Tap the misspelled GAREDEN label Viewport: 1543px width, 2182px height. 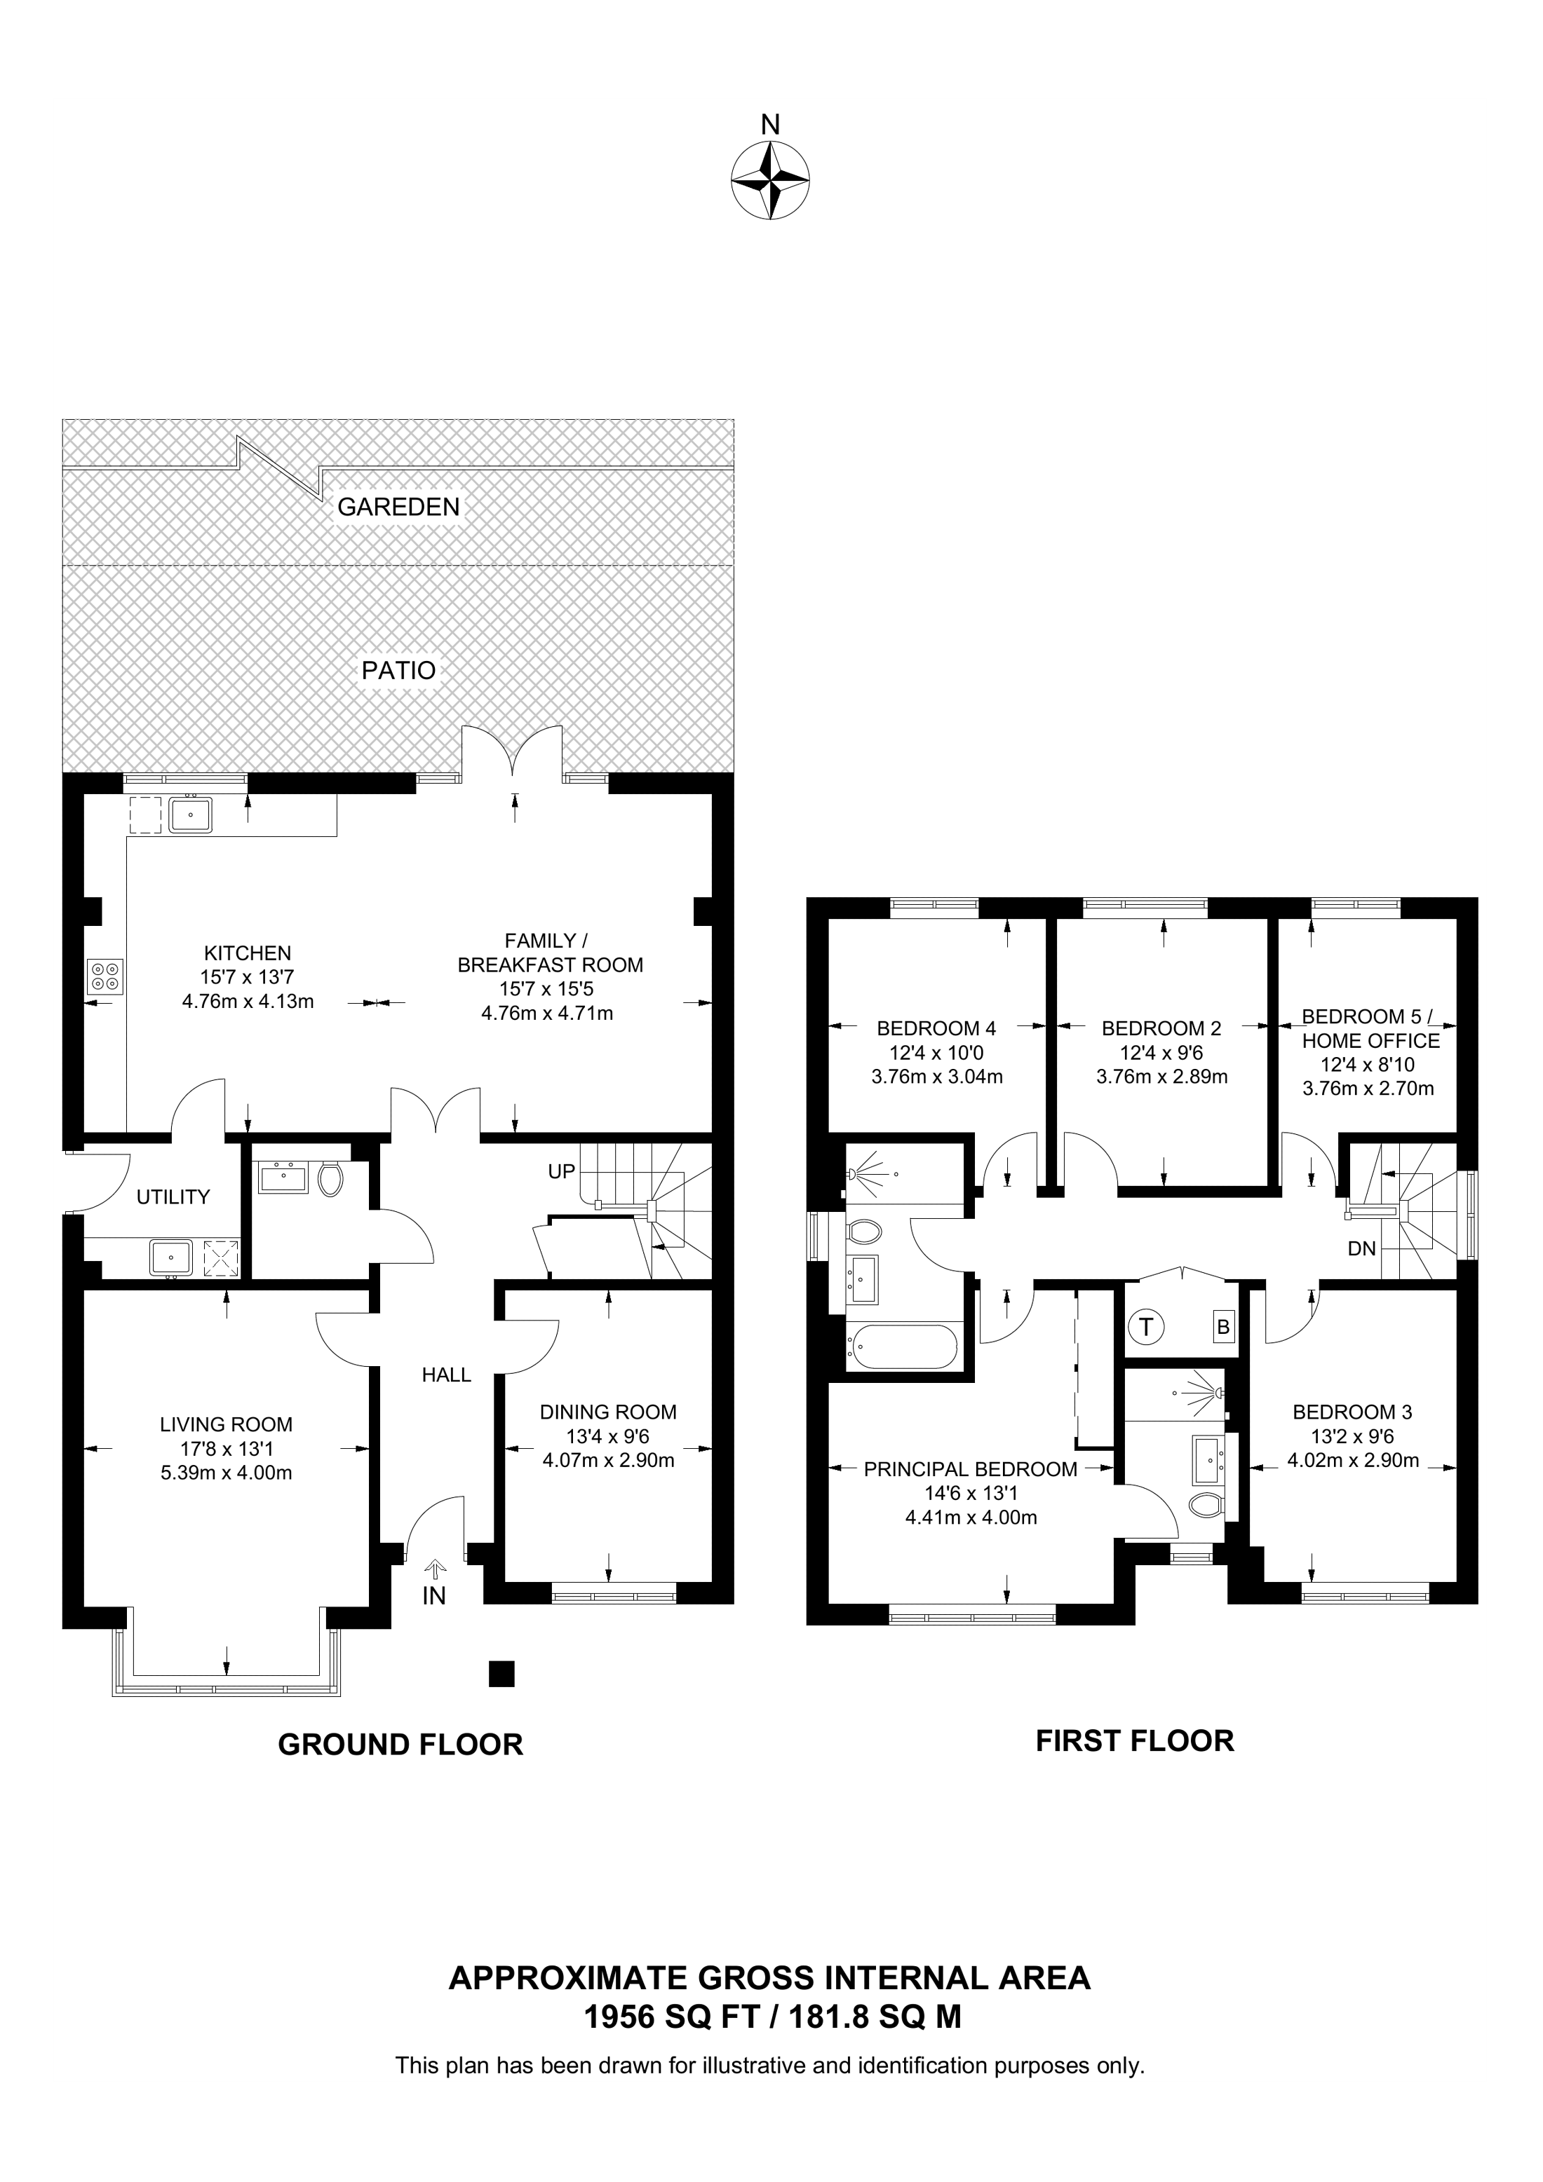398,507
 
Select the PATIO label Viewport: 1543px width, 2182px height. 398,671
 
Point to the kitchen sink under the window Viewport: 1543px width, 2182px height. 190,815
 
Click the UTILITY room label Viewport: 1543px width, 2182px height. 173,1197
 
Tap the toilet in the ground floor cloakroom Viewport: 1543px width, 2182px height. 330,1180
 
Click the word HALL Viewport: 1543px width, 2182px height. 446,1375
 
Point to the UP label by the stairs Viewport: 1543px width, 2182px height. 561,1172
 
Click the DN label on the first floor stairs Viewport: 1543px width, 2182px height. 1361,1249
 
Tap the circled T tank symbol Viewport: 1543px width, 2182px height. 1147,1327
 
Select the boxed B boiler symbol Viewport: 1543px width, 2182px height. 1224,1327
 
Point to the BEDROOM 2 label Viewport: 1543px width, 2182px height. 1161,1028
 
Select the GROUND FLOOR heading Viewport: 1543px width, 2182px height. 400,1745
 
